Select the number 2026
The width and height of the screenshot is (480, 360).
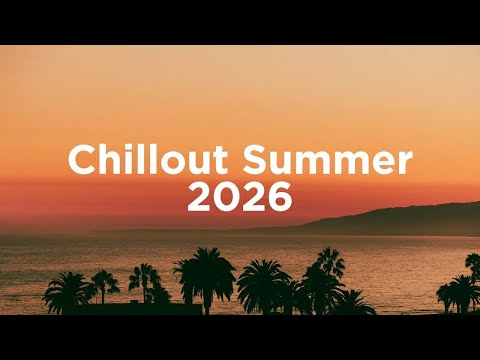[240, 198]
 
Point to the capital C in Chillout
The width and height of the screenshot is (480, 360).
[81, 160]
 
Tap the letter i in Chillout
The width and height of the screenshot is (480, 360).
[122, 160]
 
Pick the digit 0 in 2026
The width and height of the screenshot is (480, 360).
[226, 198]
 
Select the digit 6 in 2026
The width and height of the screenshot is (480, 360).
[279, 198]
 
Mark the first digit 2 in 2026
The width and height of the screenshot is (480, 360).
[200, 198]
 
